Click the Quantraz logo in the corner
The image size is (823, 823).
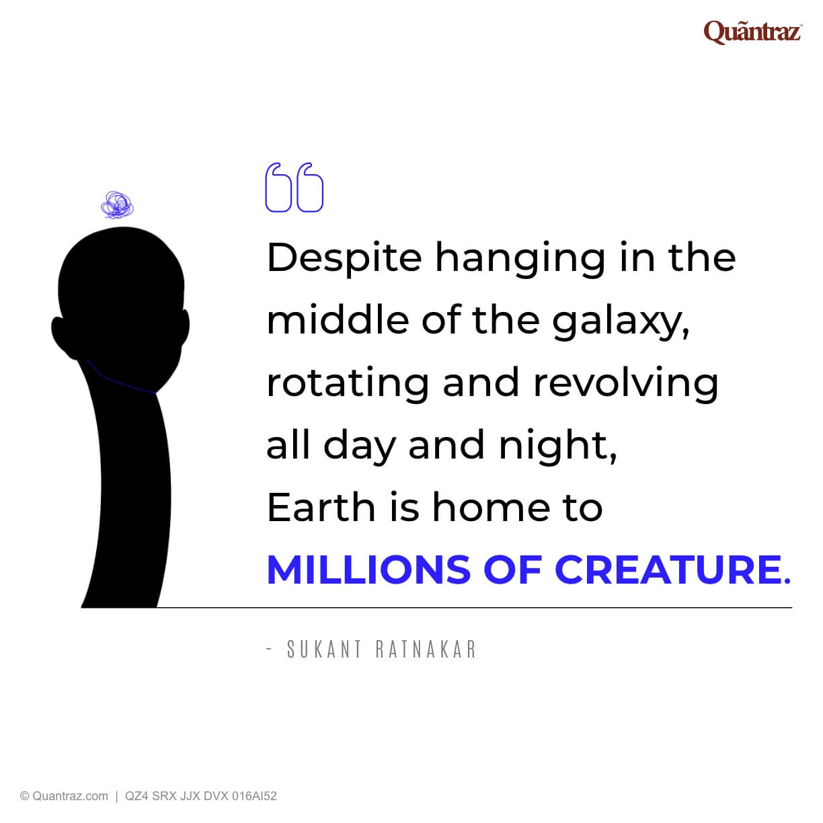(x=752, y=32)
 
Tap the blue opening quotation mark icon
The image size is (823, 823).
(x=295, y=188)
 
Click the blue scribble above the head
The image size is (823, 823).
(x=117, y=205)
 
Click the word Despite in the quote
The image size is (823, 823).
(x=344, y=259)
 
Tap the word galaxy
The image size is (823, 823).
(x=621, y=321)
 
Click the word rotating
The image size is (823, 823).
(x=347, y=383)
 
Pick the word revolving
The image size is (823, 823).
(x=626, y=383)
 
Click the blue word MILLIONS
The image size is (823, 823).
(x=368, y=570)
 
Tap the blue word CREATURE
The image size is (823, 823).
(x=668, y=570)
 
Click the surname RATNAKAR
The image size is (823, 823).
(x=426, y=650)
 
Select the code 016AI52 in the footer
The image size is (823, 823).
(x=254, y=796)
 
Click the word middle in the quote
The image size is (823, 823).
(x=338, y=321)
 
